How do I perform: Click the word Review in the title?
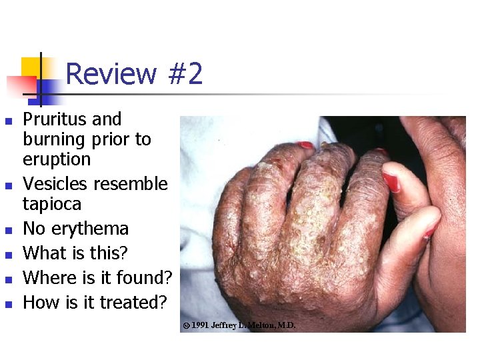(x=111, y=74)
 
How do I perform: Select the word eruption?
(x=57, y=160)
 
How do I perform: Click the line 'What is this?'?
(x=75, y=253)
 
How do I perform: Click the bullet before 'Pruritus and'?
(x=8, y=121)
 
